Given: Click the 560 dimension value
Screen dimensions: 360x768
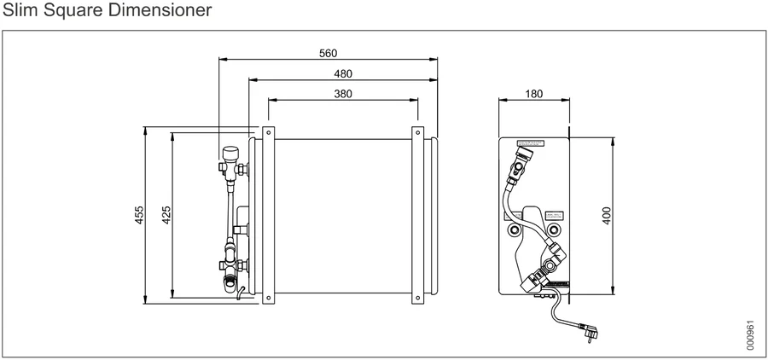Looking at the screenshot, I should tap(328, 53).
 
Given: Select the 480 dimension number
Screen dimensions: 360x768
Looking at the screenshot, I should tap(343, 73).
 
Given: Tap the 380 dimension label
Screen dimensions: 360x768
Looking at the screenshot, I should tap(343, 94).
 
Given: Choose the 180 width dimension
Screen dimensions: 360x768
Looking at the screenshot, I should tap(533, 94).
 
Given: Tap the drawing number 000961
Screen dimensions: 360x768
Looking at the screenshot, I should tap(750, 336).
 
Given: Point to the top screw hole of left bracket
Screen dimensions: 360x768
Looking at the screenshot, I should tap(268, 133).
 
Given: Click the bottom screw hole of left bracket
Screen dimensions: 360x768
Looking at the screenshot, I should tap(268, 298).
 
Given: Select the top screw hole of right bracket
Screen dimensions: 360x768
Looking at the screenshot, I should tap(417, 133).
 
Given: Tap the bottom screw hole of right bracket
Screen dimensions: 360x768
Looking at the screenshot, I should tap(417, 298).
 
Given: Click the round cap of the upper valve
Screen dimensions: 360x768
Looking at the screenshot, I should tap(230, 153).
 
